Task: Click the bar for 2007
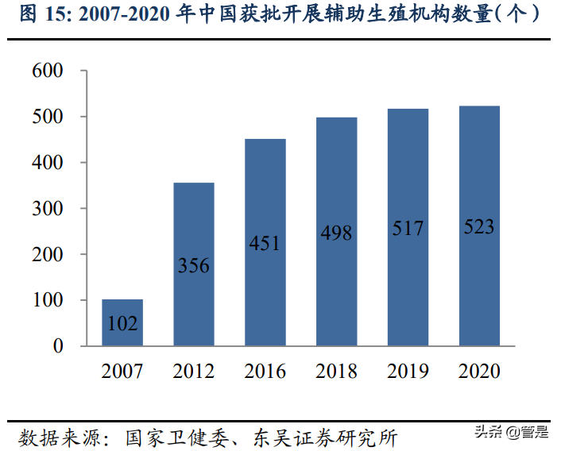[x=122, y=322]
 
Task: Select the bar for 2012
[x=194, y=264]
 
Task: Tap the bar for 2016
[x=265, y=242]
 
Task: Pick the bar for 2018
[x=336, y=232]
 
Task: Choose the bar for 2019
[x=408, y=227]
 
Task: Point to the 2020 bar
[x=479, y=225]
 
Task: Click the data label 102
[x=122, y=324]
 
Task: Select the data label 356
[x=194, y=266]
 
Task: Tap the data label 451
[x=265, y=243]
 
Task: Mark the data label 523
[x=479, y=228]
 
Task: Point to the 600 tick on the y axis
[x=48, y=71]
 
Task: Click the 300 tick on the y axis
[x=48, y=208]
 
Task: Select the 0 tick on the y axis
[x=58, y=346]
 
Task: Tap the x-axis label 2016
[x=265, y=372]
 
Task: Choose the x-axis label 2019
[x=408, y=372]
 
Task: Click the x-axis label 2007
[x=122, y=372]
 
